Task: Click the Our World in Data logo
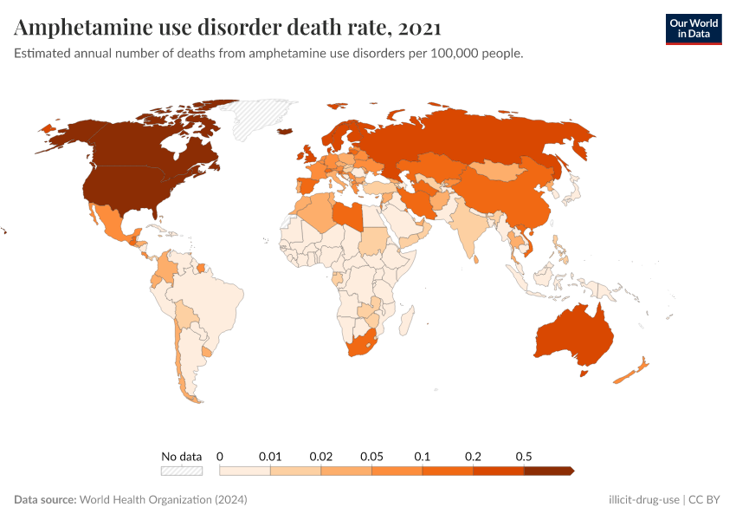tap(693, 28)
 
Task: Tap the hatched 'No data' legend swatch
tap(181, 471)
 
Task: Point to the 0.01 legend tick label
tap(270, 456)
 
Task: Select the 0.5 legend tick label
tap(524, 456)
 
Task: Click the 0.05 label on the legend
tap(371, 456)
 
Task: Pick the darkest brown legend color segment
tap(548, 471)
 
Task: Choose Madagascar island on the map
tap(404, 323)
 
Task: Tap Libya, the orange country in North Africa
tap(349, 214)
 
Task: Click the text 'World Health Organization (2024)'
tap(164, 500)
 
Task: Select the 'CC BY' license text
tap(706, 500)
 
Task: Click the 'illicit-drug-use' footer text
tap(644, 500)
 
